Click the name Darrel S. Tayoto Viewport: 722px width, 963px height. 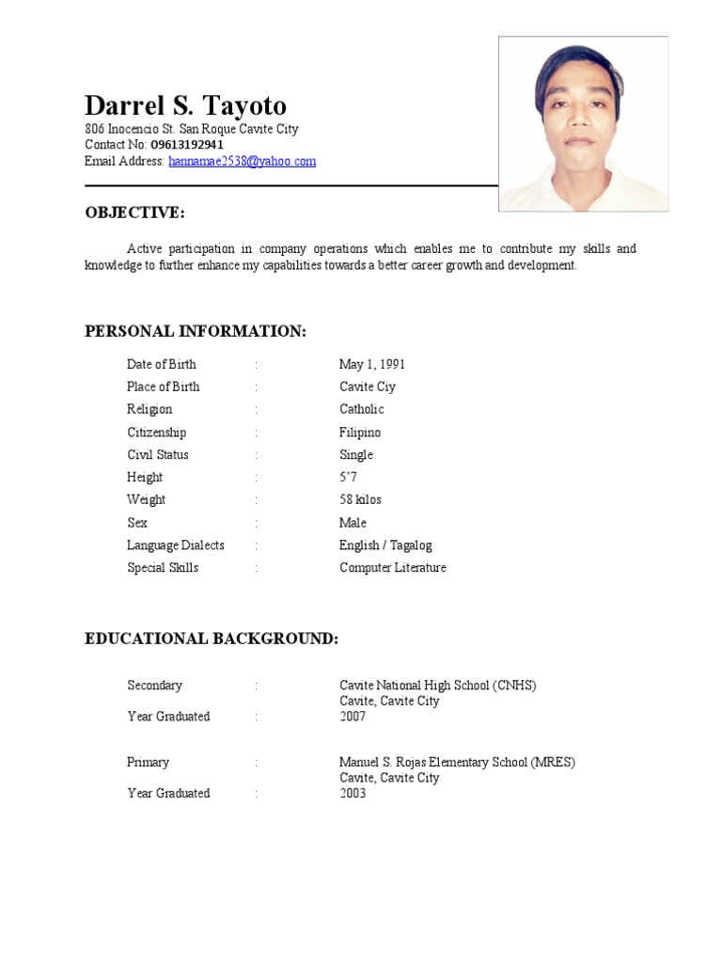185,105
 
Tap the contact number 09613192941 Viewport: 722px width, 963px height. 187,145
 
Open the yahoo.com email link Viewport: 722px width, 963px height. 242,161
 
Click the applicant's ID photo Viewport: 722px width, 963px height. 583,123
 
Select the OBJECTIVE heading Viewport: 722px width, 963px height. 134,213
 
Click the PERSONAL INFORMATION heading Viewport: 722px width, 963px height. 196,331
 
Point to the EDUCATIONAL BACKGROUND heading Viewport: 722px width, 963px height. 212,639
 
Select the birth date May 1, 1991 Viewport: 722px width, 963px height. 372,364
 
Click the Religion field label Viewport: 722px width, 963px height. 149,409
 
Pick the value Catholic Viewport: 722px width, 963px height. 361,409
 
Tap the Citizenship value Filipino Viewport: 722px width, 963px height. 360,433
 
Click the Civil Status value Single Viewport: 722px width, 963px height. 356,455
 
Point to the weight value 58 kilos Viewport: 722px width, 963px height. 360,499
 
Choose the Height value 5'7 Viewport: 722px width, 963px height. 348,478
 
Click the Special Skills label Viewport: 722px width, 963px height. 163,568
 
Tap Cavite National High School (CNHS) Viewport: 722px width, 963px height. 437,686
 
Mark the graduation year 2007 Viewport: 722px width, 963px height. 353,717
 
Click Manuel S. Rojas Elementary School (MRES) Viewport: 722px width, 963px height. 457,763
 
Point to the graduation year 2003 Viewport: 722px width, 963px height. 353,794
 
